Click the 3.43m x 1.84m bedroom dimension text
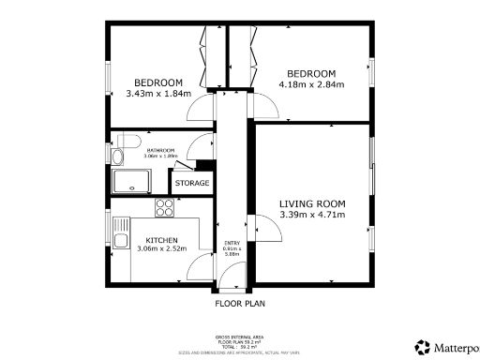(x=157, y=93)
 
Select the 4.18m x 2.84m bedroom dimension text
(x=311, y=86)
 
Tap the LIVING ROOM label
(x=312, y=203)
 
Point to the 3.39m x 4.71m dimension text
(x=312, y=216)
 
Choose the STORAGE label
(x=191, y=183)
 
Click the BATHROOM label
(x=160, y=150)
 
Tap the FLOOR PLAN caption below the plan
(x=239, y=304)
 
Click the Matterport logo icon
(x=423, y=347)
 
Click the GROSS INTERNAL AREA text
(x=239, y=335)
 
